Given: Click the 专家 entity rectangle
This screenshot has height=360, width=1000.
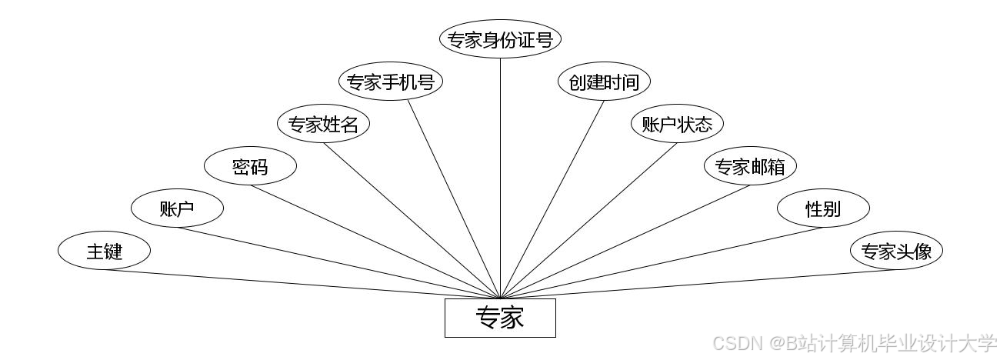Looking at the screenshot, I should pos(500,318).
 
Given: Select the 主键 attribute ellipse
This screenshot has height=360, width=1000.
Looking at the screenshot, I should pos(104,251).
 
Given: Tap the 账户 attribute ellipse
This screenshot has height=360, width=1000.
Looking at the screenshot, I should pos(177,208).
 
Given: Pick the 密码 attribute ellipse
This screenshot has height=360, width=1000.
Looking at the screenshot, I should pos(250,166).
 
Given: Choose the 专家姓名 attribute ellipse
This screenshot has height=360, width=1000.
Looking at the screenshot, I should pos(323,124).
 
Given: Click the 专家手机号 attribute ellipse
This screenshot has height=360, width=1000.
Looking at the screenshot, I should pos(391,82).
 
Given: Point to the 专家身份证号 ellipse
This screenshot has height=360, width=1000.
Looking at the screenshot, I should pos(500,39).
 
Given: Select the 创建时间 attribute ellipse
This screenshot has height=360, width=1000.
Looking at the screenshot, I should pos(604,82).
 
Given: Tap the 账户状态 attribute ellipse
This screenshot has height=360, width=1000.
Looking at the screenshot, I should pos(677,124).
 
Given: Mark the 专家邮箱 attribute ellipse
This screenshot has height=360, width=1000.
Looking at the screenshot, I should pos(750,166).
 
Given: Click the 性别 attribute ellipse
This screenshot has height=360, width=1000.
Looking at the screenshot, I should pos(823,208).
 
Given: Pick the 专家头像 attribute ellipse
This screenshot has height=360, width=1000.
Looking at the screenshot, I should pos(896,251).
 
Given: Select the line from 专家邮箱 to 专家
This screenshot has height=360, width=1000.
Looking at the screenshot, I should pos(625,241).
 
